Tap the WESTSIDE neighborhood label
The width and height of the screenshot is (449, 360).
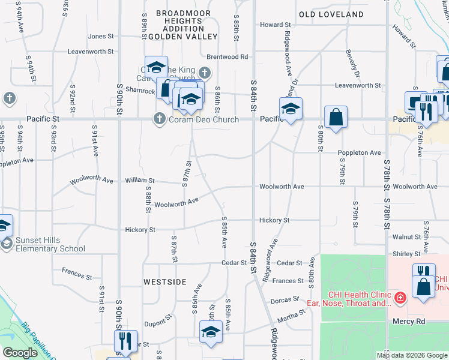(164, 281)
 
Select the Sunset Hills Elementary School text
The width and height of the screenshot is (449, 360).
(50, 244)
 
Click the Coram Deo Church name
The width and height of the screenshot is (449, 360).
(204, 119)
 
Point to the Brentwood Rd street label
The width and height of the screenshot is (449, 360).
(228, 57)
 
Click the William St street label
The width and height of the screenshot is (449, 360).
(140, 181)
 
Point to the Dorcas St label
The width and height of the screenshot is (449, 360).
(285, 299)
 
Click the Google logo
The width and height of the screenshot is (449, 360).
(20, 353)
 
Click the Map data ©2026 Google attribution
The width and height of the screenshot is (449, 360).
(412, 355)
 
